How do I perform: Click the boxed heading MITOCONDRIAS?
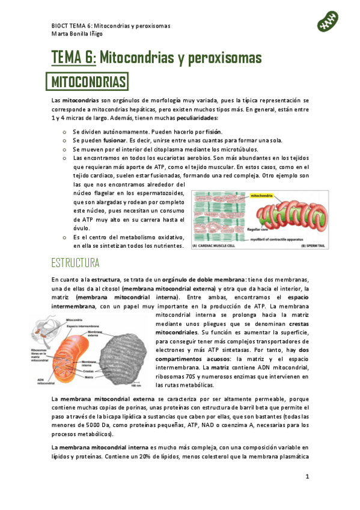click(x=88, y=81)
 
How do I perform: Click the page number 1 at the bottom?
click(x=307, y=477)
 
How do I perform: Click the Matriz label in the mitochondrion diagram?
click(x=89, y=376)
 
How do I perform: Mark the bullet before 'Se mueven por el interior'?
click(x=65, y=149)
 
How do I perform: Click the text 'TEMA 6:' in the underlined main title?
click(x=73, y=58)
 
